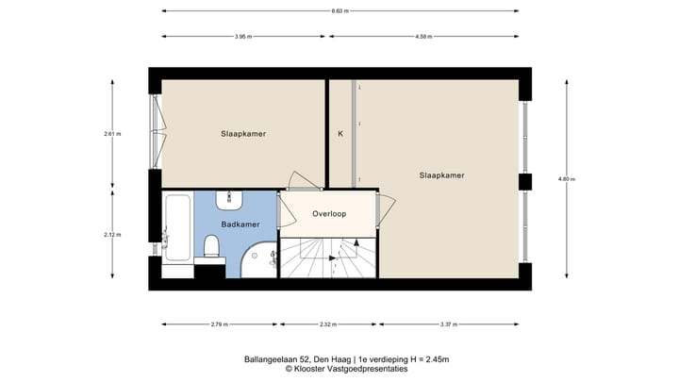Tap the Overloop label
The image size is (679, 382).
pos(329,214)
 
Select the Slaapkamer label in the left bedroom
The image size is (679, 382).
pos(243,134)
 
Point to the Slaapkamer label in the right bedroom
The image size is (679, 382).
pos(441,174)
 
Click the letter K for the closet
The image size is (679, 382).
pos(340,134)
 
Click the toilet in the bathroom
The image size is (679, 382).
pos(211,247)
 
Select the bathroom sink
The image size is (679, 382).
pos(230,199)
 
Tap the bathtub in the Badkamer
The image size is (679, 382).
pos(175,229)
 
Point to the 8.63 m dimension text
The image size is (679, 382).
pos(339,11)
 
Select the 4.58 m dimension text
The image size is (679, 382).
pos(423,37)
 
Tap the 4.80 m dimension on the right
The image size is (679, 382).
pos(566,179)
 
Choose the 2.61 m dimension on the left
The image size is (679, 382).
pos(112,134)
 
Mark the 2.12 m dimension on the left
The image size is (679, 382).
pos(112,235)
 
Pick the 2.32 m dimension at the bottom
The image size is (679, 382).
pos(325,325)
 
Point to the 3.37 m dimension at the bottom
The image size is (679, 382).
pos(448,325)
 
